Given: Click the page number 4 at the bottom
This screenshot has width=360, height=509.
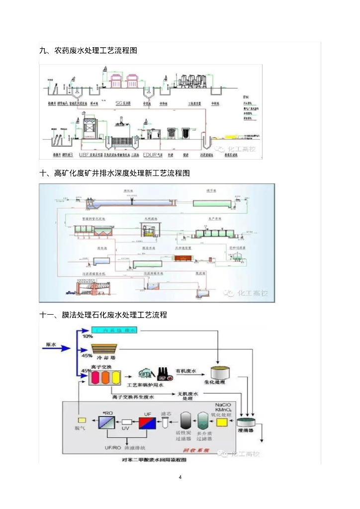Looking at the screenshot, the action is [x=180, y=477].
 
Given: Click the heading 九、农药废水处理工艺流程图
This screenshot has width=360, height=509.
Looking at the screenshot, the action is [x=88, y=51].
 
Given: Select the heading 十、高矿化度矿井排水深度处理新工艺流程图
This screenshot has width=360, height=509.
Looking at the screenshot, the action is [x=114, y=173].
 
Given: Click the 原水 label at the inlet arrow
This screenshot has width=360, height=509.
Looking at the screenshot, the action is [x=51, y=344].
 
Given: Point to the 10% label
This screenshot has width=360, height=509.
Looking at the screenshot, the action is [x=88, y=336].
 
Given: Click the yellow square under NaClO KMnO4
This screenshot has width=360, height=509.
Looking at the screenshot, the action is [x=222, y=422].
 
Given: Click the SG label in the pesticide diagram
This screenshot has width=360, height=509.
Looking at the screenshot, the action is [x=119, y=103].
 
